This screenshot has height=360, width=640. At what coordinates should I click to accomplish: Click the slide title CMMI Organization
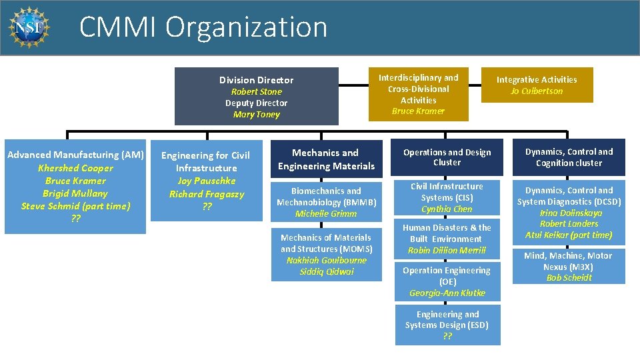[x=203, y=27]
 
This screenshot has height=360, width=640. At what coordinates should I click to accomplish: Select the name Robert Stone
[x=257, y=91]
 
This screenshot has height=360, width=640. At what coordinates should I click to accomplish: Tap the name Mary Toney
[x=257, y=114]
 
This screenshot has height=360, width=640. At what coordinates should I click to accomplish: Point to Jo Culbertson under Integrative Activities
[x=537, y=91]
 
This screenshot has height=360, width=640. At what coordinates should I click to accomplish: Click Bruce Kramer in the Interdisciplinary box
[x=418, y=111]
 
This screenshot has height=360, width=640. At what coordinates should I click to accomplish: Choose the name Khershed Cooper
[x=75, y=168]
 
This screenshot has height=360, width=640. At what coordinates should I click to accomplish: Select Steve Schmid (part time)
[x=75, y=206]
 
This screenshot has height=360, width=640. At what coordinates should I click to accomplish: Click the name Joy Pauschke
[x=206, y=181]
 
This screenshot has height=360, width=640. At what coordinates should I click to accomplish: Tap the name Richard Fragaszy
[x=206, y=194]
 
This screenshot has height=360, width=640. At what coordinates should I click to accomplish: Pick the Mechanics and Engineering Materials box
[x=326, y=159]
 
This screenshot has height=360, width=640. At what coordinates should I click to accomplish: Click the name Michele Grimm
[x=326, y=213]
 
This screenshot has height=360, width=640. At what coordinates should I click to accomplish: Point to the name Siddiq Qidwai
[x=326, y=271]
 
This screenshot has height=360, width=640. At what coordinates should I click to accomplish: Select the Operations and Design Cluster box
[x=447, y=157]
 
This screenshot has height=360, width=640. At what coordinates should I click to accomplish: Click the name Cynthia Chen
[x=447, y=209]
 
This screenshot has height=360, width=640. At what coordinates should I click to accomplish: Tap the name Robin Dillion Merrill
[x=447, y=250]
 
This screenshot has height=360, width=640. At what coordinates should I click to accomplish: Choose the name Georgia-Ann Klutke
[x=447, y=293]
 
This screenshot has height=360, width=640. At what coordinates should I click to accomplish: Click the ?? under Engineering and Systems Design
[x=447, y=336]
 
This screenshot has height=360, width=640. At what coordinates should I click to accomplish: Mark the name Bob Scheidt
[x=569, y=277]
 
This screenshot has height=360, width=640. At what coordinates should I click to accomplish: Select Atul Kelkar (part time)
[x=569, y=235]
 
